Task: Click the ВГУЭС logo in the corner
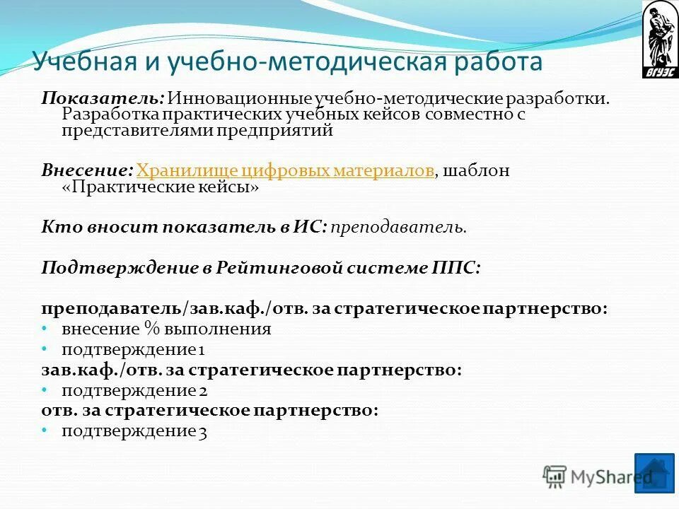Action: pos(659,40)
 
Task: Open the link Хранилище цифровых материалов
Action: pos(285,170)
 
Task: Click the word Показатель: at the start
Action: pos(103,98)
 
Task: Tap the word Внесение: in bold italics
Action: pos(87,170)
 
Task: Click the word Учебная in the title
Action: pos(83,62)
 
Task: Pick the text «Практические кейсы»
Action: pos(161,187)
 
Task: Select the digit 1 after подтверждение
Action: pos(202,349)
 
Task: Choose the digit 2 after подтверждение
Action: pos(202,390)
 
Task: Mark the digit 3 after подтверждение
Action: pos(202,431)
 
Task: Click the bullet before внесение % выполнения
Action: pos(44,329)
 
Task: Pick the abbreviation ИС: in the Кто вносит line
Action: pos(311,227)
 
